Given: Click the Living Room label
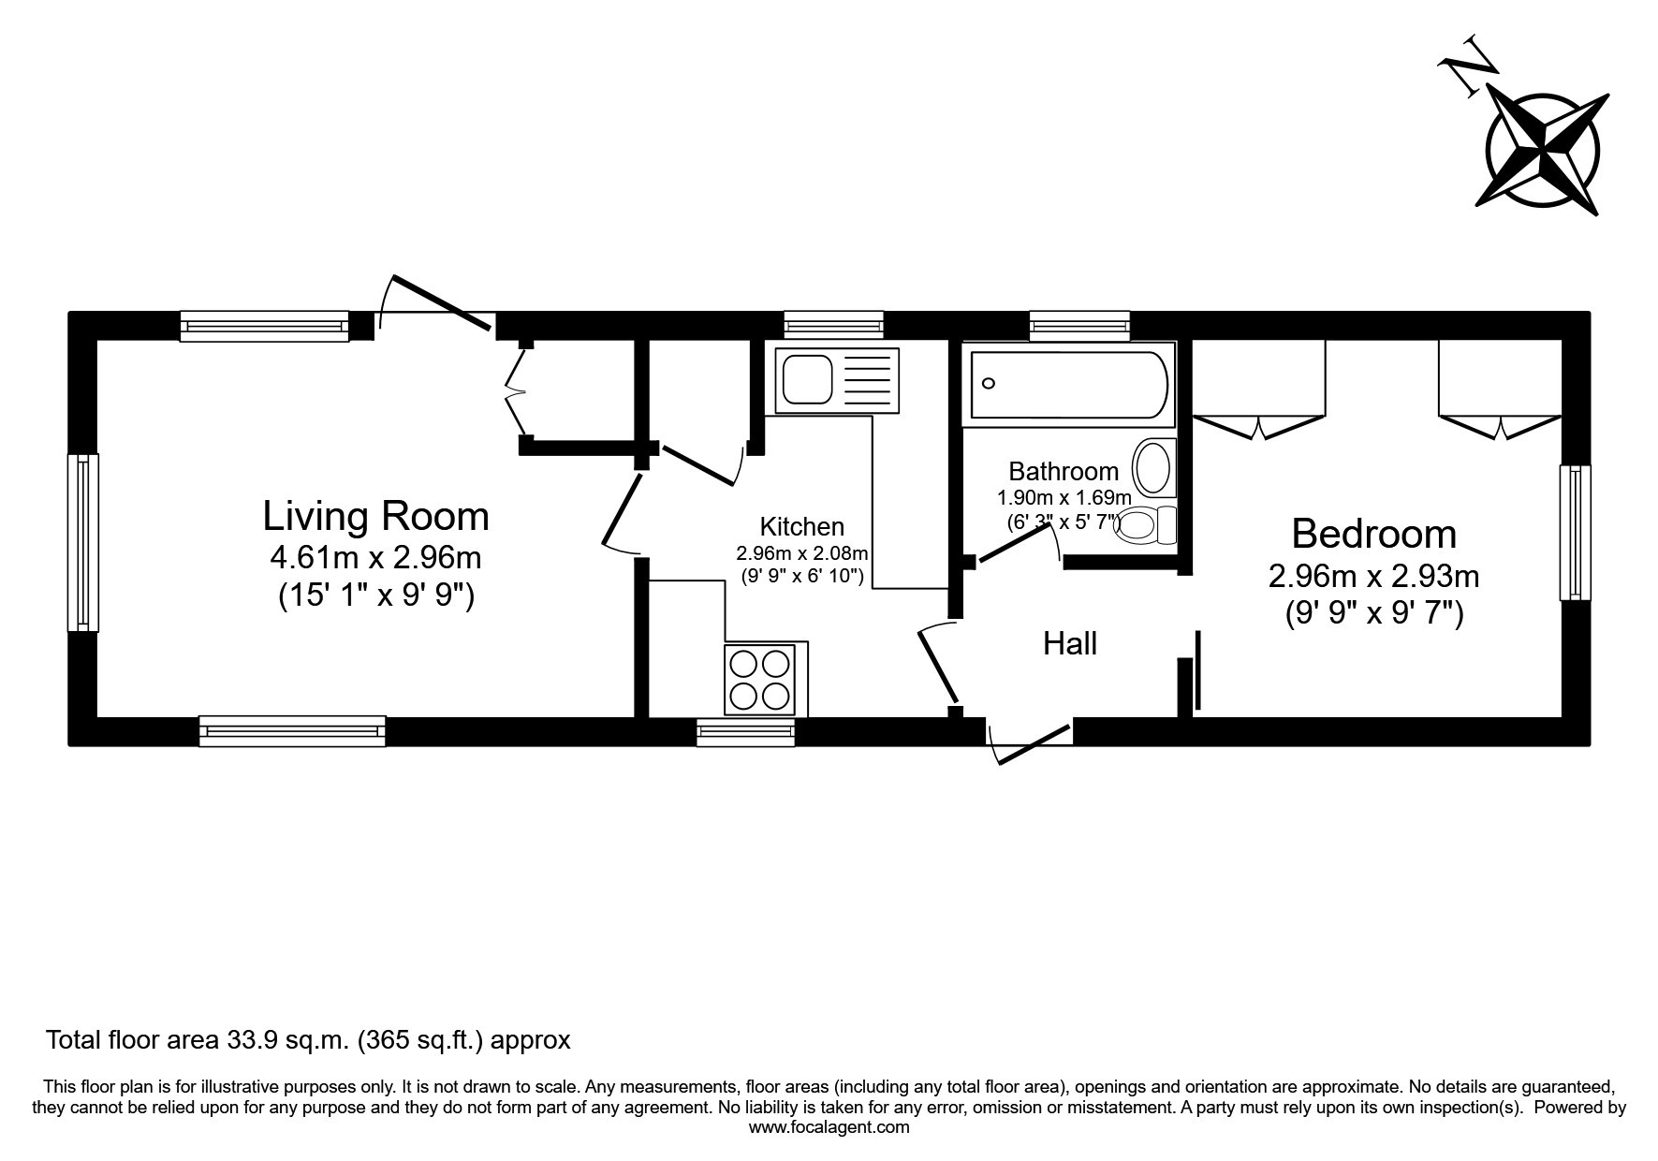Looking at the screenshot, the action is point(375,516).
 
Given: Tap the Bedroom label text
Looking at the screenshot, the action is point(1373,534).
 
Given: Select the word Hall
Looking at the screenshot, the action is point(1070,643).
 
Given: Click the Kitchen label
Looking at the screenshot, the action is point(801,526).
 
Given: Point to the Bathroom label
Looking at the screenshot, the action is point(1064,471).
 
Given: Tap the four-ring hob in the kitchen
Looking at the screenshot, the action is point(760,680).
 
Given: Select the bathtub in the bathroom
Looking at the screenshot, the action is point(1069,384).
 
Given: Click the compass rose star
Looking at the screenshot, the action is point(1543,152).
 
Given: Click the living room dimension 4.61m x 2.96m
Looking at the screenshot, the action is point(375,558).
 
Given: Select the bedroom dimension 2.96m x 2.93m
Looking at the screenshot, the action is point(1373,575).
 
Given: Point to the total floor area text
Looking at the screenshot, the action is point(309,1039).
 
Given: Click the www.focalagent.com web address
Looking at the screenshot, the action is point(829,1127).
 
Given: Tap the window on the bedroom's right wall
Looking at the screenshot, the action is point(1575,532).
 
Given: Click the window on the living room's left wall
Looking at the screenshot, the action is point(83,542).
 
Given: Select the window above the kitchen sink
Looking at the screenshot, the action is point(834,325).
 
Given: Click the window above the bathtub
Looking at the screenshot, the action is point(1079,325).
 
